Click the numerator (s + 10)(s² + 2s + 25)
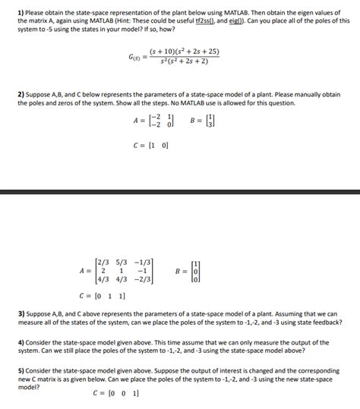(x=184, y=52)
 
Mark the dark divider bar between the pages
(x=180, y=193)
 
